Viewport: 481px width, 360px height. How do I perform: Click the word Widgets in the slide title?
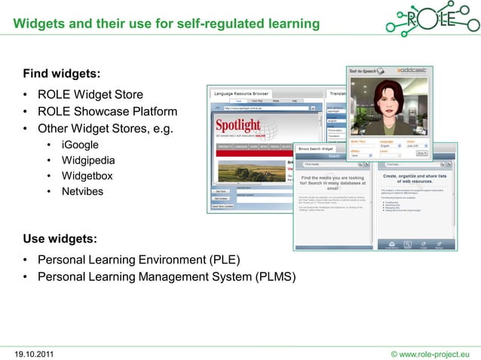pyautogui.click(x=38, y=25)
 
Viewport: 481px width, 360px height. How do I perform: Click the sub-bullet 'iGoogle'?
pyautogui.click(x=80, y=144)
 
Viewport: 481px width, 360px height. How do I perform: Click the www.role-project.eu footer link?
pyautogui.click(x=432, y=352)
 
